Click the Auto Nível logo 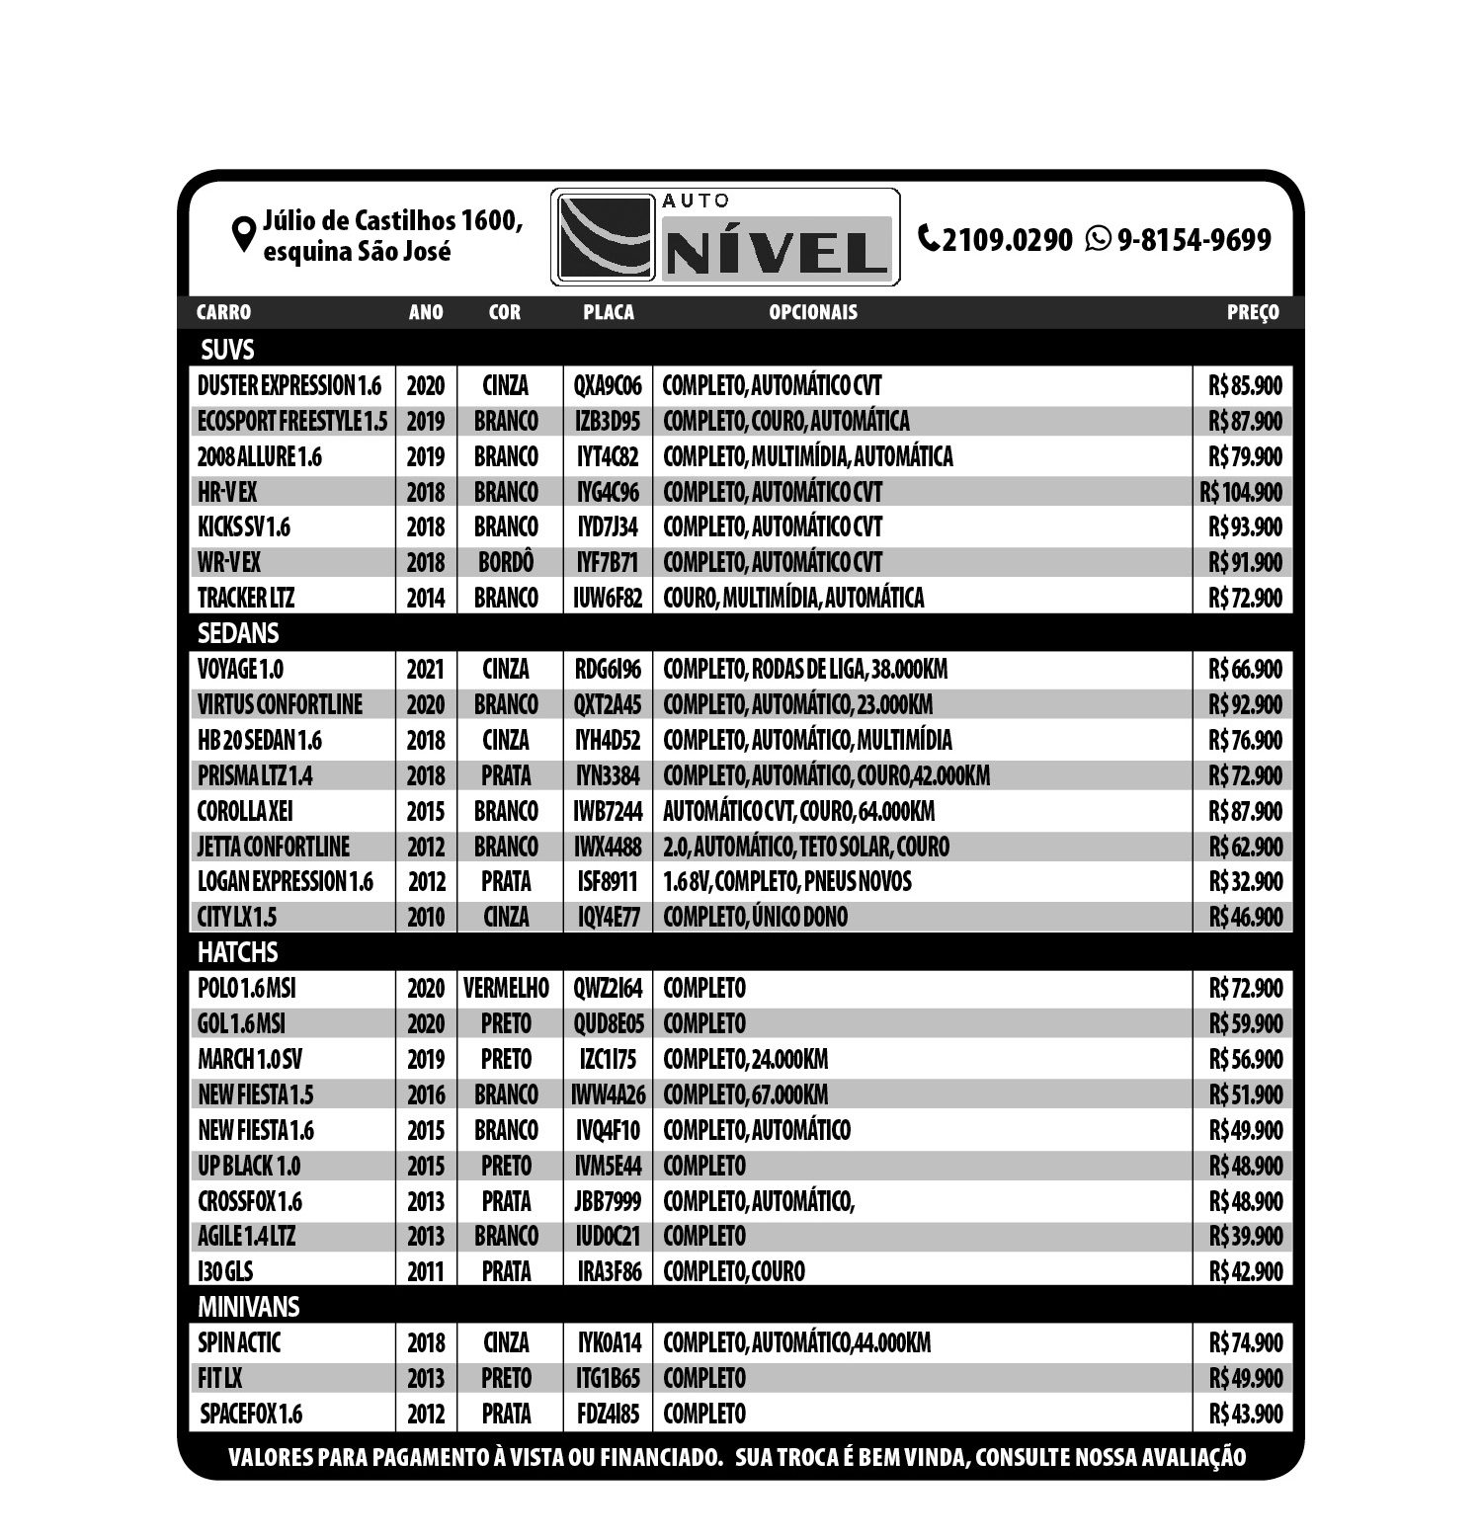point(724,237)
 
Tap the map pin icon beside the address point(243,235)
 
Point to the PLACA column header point(608,312)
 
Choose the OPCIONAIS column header point(813,312)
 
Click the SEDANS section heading point(238,633)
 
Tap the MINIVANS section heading point(248,1307)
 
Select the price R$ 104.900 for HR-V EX point(1241,492)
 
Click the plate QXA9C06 point(608,385)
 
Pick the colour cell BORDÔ point(506,562)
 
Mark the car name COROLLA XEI point(245,811)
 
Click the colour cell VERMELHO point(506,988)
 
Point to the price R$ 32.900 point(1245,881)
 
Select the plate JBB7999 point(608,1201)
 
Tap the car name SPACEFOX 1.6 point(251,1414)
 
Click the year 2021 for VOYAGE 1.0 point(426,670)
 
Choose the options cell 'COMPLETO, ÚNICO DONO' point(755,917)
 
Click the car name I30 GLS point(225,1271)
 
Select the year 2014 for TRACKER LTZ point(426,598)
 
